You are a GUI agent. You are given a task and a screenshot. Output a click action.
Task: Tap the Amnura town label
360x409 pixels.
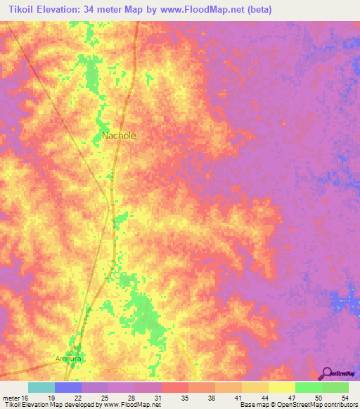point(69,358)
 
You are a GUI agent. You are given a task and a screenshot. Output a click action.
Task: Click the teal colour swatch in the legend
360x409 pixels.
point(41,387)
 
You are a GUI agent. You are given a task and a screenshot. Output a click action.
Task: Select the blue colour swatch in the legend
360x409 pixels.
point(67,387)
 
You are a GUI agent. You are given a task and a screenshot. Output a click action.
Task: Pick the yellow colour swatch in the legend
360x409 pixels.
point(281,387)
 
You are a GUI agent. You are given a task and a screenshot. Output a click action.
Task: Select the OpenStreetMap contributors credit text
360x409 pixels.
point(316,405)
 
